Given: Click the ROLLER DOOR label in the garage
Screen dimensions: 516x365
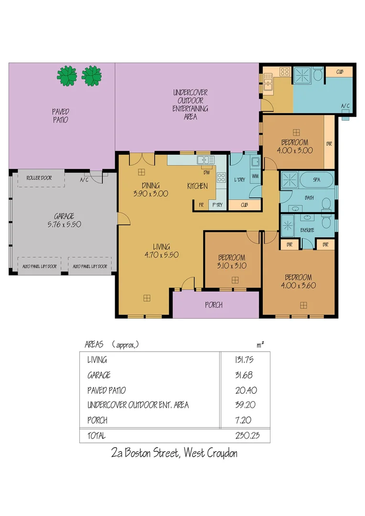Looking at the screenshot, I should pos(40,178).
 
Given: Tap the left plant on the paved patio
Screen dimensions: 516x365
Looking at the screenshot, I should pos(67,75).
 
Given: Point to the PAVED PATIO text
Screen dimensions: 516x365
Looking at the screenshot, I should pos(60,115).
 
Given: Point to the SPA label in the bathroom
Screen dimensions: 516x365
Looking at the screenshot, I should pos(317,180).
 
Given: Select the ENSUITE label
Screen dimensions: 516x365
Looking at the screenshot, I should pos(307,230).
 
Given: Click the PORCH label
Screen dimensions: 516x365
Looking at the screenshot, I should pos(214,305).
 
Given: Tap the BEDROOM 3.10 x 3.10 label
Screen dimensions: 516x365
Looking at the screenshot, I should pos(232,261).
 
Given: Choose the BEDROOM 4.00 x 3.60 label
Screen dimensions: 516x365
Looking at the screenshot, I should pos(299,281).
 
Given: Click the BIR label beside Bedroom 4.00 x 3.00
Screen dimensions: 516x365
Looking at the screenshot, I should pos(329,143).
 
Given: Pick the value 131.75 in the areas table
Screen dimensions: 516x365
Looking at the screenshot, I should pos(245,360).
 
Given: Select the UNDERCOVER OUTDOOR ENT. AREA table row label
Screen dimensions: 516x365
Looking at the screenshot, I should pos(138,405).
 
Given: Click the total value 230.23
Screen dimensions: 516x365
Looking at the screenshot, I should pos(247,436).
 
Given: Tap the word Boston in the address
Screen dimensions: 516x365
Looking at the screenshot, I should pos(144,453).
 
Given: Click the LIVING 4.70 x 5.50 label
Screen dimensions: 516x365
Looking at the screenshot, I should pos(161,251).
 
